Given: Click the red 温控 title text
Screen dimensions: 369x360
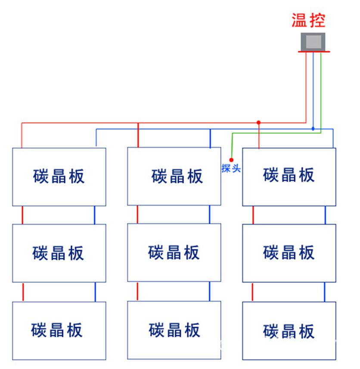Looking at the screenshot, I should [x=308, y=20].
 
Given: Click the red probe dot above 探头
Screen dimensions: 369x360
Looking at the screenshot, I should [x=231, y=160].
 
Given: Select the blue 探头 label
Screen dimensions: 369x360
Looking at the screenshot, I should [x=231, y=169].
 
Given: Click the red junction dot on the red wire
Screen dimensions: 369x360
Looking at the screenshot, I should [x=258, y=122].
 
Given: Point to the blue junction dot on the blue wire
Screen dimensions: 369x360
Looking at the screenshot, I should [x=313, y=128].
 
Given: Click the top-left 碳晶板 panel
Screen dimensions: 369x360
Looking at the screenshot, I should [x=59, y=177].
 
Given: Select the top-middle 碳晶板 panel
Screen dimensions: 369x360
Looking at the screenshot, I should [x=174, y=176].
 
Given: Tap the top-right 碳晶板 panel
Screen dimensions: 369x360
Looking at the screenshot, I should [x=289, y=177].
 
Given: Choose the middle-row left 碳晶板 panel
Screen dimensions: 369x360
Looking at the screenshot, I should [x=59, y=253].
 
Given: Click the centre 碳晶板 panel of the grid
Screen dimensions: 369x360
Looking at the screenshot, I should [x=174, y=253].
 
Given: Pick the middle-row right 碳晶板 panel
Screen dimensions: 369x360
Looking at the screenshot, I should [x=289, y=253].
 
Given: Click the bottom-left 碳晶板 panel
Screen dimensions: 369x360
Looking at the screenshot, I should [x=59, y=331].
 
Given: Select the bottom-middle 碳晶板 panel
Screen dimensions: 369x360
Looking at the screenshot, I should [x=174, y=331].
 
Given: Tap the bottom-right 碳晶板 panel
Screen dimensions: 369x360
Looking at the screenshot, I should [x=289, y=331].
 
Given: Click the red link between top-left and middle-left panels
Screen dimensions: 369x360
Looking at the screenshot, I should [x=22, y=215].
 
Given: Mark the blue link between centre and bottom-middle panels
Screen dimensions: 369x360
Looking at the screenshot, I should [x=210, y=291].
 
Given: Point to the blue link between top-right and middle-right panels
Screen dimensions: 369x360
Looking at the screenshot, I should [x=325, y=215].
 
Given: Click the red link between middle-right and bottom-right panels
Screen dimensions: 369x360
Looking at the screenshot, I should [x=253, y=292].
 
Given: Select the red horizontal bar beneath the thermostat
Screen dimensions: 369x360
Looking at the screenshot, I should [x=314, y=52].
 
